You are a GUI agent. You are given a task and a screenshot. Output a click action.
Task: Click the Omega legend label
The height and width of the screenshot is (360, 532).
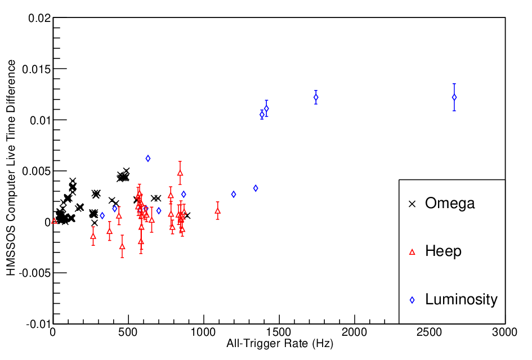(450, 204)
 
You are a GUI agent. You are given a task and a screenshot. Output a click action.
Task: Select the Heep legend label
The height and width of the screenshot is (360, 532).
(443, 251)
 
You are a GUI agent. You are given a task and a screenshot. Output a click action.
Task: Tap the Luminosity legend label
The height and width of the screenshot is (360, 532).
(461, 299)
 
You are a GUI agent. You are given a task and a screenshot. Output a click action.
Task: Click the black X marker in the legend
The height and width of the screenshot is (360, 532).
(412, 204)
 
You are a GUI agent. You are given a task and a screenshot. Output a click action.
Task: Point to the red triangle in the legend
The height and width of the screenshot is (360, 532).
(412, 252)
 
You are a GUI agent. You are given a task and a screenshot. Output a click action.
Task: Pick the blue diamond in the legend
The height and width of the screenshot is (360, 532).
(412, 300)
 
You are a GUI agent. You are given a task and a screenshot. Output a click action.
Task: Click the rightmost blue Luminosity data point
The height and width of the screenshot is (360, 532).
(454, 97)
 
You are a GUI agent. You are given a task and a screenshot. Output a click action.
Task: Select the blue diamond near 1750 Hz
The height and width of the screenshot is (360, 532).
(316, 97)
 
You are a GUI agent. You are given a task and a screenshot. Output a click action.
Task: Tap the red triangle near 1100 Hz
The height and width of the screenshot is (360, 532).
(217, 211)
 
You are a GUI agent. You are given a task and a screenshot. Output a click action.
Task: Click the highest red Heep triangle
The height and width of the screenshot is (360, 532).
(180, 173)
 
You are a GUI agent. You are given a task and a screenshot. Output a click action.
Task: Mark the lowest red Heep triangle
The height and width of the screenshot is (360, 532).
(122, 246)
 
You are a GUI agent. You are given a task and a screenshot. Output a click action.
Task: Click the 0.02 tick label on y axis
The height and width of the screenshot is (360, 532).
(39, 19)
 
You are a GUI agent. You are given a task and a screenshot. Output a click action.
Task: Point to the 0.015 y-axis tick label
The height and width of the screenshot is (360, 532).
(37, 69)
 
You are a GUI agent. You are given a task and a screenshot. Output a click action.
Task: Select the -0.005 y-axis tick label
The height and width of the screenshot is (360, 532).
(35, 273)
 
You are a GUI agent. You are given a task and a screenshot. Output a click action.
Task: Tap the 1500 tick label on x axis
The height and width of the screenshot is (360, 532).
(279, 332)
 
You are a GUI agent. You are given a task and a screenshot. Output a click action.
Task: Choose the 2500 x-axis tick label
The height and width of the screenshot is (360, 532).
(430, 332)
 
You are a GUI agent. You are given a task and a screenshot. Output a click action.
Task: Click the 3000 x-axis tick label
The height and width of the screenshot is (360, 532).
(505, 332)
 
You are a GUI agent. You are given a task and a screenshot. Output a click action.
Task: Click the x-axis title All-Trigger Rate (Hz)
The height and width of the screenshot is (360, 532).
(280, 344)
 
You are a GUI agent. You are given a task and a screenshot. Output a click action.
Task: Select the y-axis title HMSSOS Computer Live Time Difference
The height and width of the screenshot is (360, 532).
(11, 168)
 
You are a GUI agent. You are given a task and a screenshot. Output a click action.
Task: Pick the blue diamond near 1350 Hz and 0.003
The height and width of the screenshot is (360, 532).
(256, 188)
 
